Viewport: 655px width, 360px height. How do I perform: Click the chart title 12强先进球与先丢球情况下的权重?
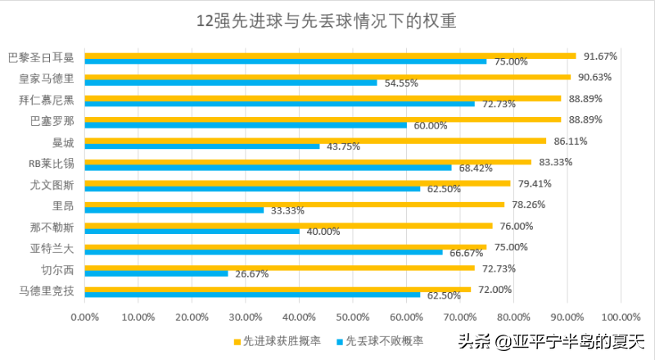tap(327, 20)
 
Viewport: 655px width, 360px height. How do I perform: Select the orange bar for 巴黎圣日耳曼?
tap(327, 56)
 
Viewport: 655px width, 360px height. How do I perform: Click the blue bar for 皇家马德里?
tap(229, 83)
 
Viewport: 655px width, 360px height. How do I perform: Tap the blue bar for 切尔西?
tap(156, 273)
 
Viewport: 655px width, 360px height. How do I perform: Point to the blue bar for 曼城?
tap(201, 146)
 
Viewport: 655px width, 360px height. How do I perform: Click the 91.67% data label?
tap(600, 56)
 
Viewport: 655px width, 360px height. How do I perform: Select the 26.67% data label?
tap(251, 274)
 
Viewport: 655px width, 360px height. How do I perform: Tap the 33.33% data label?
tap(287, 210)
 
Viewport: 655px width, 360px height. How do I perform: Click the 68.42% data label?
tap(474, 168)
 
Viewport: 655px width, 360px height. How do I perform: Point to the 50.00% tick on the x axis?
tap(352, 316)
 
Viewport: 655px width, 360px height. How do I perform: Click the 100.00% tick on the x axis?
tap(620, 316)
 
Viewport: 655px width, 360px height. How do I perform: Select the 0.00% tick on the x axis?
tap(84, 316)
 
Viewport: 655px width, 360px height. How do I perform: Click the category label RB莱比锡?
tap(51, 164)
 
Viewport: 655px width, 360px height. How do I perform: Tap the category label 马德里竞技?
tap(46, 290)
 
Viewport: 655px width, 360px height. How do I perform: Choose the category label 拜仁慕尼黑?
tap(46, 100)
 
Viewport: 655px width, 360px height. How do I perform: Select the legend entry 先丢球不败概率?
tap(382, 340)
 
